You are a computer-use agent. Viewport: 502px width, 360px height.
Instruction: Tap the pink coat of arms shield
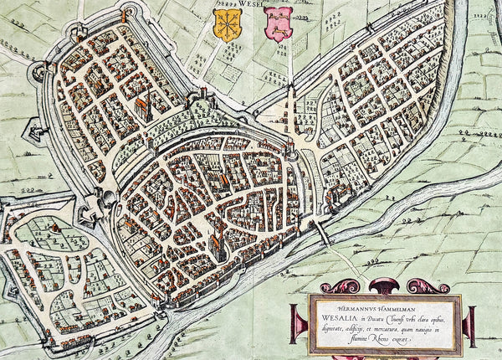click(x=278, y=23)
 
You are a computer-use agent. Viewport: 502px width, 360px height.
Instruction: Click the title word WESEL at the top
click(x=252, y=4)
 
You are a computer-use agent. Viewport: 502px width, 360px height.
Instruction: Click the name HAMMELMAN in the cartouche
click(x=409, y=305)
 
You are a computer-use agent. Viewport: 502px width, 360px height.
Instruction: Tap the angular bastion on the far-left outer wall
click(x=33, y=131)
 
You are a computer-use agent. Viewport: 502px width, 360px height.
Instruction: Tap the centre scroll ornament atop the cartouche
click(x=385, y=286)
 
